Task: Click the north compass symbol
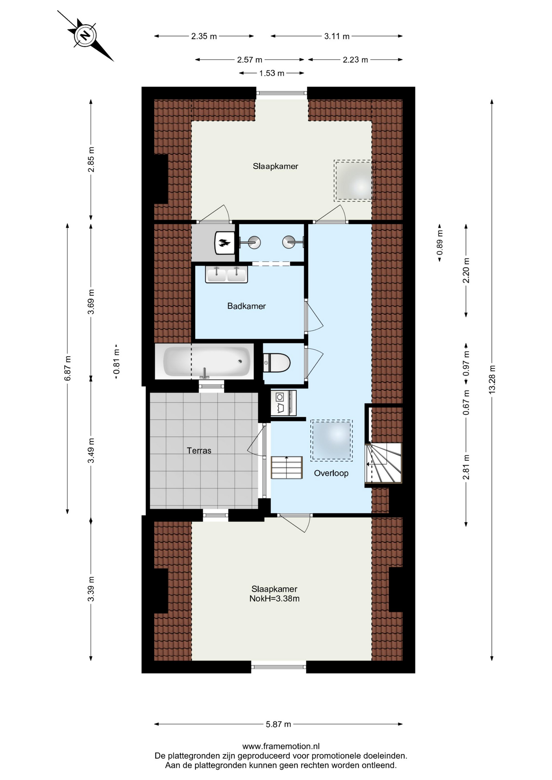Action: pos(85,36)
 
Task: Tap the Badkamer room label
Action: pos(246,306)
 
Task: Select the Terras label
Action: pos(199,450)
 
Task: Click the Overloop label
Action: pos(331,473)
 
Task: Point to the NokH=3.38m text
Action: pos(274,598)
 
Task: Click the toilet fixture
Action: pos(277,362)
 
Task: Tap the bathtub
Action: pos(207,361)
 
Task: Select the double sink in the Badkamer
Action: pos(226,275)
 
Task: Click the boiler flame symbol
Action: pos(224,243)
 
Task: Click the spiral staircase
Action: pos(383,463)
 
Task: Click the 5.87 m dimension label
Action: pos(278,724)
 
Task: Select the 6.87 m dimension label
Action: pos(67,368)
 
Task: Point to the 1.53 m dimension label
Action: pos(272,73)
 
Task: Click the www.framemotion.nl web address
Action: pos(281,746)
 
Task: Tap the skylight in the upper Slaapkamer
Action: pos(353,180)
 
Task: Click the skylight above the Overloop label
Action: pos(331,440)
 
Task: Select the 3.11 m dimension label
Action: pos(337,36)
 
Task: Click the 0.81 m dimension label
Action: pos(116,362)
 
